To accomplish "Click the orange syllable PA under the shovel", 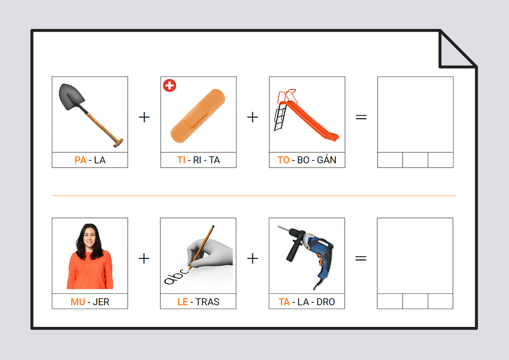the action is pos(80,160).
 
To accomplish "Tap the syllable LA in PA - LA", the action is pos(100,160).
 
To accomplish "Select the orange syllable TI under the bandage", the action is pos(181,160).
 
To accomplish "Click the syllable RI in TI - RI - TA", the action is pos(197,160).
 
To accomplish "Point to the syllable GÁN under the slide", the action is pos(327,160).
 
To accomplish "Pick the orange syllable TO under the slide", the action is pos(284,160).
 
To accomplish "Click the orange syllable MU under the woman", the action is pos(78,302).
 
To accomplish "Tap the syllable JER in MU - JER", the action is pos(101,302).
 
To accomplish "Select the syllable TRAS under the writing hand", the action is pos(208,302).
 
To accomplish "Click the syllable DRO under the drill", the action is pos(326,302).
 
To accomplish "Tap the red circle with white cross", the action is pos(169,86).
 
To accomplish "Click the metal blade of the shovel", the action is pos(71,96).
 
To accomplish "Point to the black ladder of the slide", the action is pos(280,117).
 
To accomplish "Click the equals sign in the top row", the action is pos(361,117).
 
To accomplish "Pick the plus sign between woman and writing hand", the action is pos(144,258).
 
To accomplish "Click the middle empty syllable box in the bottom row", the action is pos(415,301).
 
